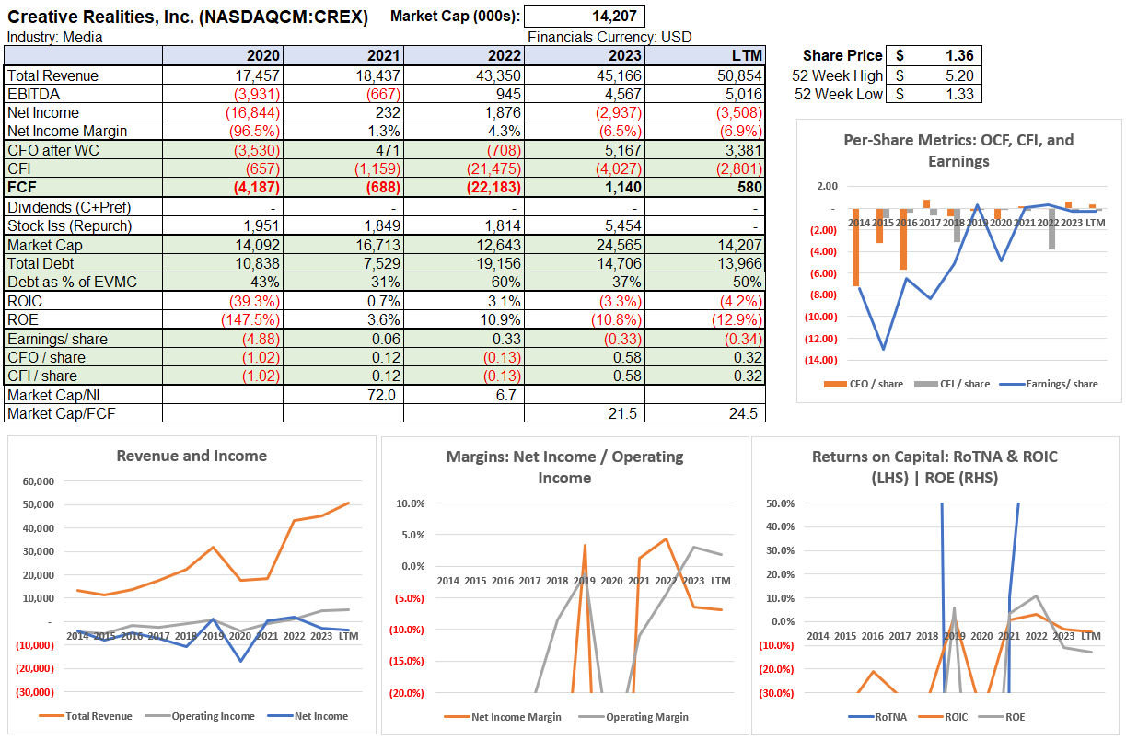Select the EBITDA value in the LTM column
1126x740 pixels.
point(739,94)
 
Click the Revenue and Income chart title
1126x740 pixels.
point(192,456)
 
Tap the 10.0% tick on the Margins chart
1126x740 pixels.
point(410,503)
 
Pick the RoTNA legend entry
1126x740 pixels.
point(886,717)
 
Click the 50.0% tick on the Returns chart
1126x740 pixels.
point(780,503)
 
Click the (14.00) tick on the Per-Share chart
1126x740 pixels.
point(821,360)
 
